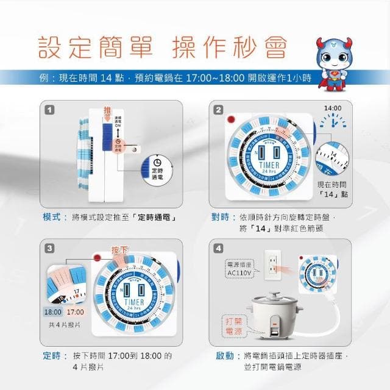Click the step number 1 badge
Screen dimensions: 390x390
(x=48, y=110)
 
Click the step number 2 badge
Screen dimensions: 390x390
(x=218, y=110)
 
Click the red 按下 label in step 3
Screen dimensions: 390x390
(x=119, y=250)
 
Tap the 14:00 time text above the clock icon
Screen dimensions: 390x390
(x=333, y=108)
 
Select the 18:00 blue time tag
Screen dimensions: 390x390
(x=53, y=311)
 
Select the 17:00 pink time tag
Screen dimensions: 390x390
(x=75, y=311)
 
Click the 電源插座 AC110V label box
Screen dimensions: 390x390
(x=239, y=269)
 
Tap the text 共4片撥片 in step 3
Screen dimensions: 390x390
(x=64, y=325)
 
